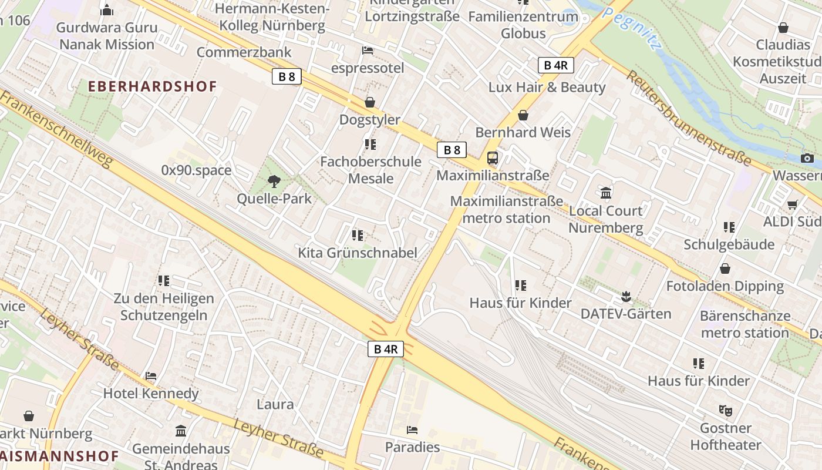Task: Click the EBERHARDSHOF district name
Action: coord(153,86)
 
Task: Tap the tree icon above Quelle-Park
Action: coord(274,181)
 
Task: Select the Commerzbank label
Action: coord(244,52)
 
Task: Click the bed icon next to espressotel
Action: coord(368,51)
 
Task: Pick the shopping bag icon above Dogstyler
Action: coord(370,102)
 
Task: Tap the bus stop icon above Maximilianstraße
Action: coord(493,157)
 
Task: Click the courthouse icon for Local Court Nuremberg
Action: coord(606,192)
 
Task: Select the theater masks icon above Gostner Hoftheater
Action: coord(726,410)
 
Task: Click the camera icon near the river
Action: coord(807,157)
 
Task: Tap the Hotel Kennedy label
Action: coord(151,393)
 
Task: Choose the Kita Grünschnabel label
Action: coord(358,253)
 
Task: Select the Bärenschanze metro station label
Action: coord(745,324)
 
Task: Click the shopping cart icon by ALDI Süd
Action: coord(792,204)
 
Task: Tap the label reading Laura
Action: coord(275,404)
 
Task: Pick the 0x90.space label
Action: coord(196,170)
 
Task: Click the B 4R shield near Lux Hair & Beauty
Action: coord(555,65)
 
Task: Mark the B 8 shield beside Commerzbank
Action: coord(287,76)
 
